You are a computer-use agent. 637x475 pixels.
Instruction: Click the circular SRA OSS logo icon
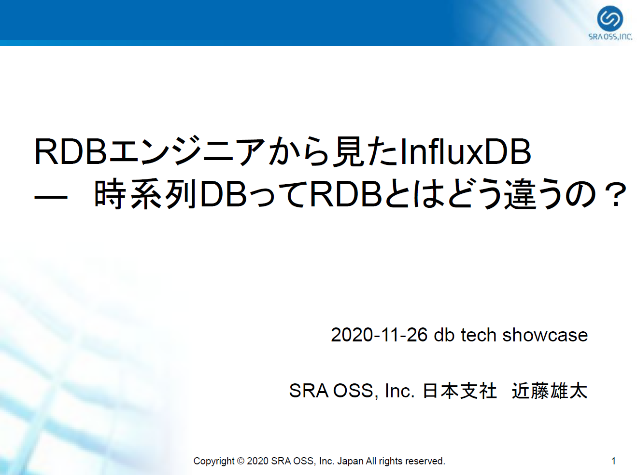point(610,18)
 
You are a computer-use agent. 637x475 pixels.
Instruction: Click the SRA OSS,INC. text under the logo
point(610,37)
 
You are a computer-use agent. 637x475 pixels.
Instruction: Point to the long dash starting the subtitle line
point(51,198)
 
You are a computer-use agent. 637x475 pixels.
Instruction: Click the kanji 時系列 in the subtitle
point(145,194)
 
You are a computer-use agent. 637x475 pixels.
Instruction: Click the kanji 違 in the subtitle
point(520,194)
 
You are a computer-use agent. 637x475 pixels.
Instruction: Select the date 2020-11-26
point(379,335)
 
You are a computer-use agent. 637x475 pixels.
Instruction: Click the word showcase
point(545,335)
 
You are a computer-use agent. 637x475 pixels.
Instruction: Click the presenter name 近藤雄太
point(550,391)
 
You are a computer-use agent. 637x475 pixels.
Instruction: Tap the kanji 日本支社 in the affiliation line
point(460,391)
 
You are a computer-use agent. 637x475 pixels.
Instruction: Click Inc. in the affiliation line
point(399,391)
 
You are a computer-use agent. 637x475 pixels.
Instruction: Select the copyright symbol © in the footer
point(241,461)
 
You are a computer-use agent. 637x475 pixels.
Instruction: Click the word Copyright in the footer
point(214,461)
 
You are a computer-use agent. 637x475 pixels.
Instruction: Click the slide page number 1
point(613,461)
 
